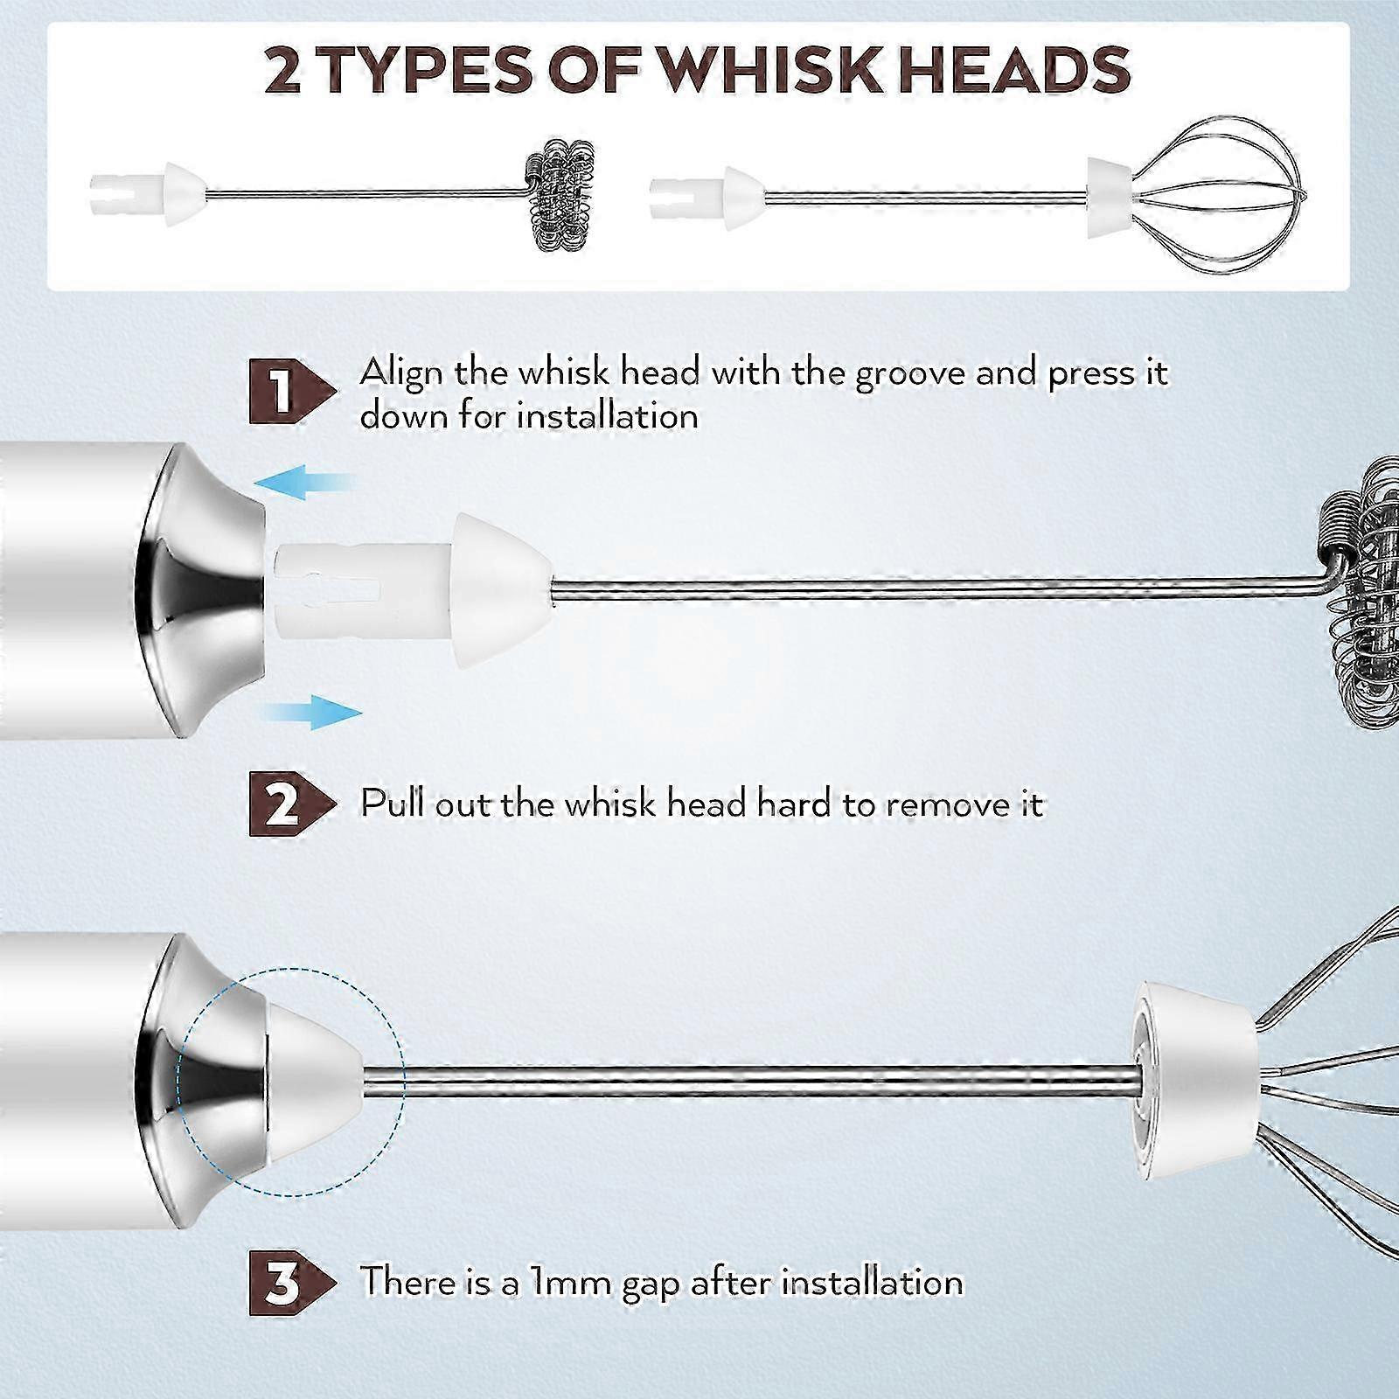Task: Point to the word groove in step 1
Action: (x=908, y=374)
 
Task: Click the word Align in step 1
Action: (x=403, y=374)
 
